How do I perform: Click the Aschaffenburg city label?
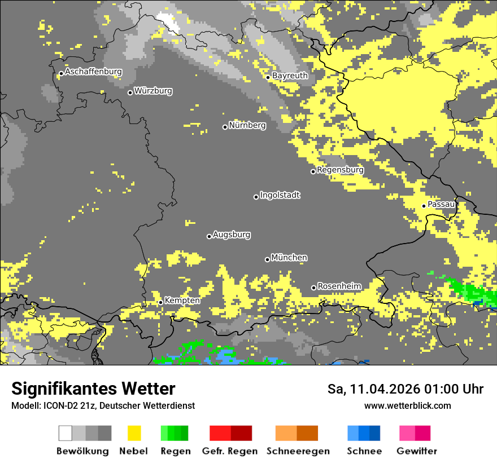[x=93, y=72]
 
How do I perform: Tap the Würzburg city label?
[x=153, y=91]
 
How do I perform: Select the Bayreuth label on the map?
[x=290, y=76]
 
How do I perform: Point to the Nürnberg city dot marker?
[x=225, y=127]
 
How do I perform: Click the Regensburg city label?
[x=340, y=170]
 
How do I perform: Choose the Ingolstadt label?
[x=280, y=195]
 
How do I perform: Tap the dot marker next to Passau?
[x=424, y=206]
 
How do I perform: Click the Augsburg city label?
[x=232, y=235]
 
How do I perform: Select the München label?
[x=289, y=258]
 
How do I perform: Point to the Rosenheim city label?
[x=339, y=286]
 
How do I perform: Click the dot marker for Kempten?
[x=160, y=302]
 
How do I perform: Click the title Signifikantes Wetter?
[x=93, y=388]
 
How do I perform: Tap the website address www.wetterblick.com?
[x=407, y=405]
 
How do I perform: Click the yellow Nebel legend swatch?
[x=134, y=433]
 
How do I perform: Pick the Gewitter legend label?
[x=417, y=451]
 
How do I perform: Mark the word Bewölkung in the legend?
[x=82, y=451]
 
